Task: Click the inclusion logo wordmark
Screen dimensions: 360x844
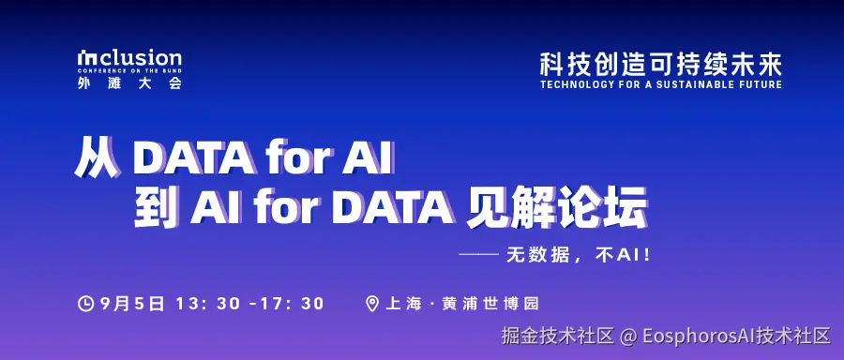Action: tap(129, 58)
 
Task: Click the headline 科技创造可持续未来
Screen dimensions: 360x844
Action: tap(660, 64)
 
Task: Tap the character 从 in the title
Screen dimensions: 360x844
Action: tap(98, 158)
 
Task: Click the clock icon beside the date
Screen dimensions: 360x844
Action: tap(86, 303)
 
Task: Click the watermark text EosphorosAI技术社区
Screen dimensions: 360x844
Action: tap(736, 336)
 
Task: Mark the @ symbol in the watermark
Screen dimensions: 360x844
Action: tap(627, 336)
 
